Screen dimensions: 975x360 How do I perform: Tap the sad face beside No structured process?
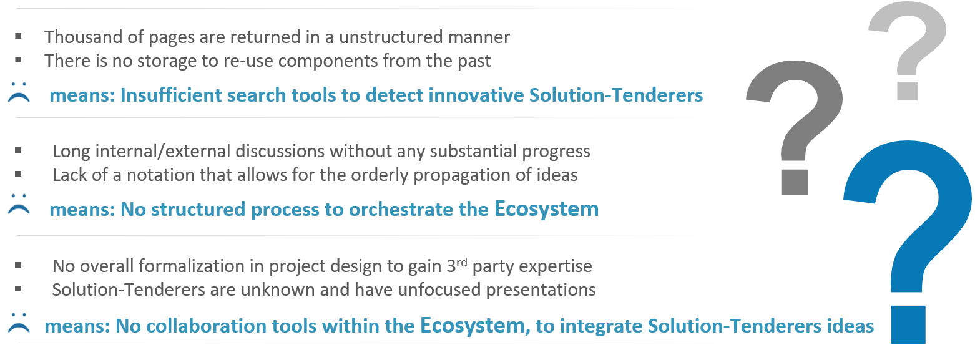tap(19, 204)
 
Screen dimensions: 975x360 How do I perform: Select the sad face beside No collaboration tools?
tap(19, 323)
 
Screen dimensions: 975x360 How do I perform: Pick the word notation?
tap(157, 175)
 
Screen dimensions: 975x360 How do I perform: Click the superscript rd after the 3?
tap(462, 262)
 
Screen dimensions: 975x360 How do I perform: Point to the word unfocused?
tap(439, 290)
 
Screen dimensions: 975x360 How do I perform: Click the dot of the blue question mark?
tap(908, 324)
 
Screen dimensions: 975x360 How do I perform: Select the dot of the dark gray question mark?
tap(795, 182)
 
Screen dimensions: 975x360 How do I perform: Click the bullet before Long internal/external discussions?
tap(18, 150)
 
